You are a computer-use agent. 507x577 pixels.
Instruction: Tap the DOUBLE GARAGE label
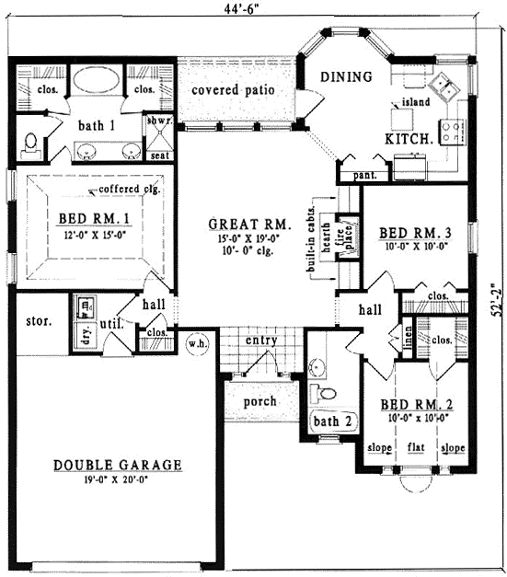[x=117, y=465]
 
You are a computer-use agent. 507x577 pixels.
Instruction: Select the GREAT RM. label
[x=249, y=224]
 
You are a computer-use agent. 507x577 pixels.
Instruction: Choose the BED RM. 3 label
[x=415, y=233]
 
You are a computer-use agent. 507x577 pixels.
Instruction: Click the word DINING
[x=346, y=76]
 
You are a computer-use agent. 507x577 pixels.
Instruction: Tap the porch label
[x=259, y=402]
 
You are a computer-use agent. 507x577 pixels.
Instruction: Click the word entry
[x=262, y=340]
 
